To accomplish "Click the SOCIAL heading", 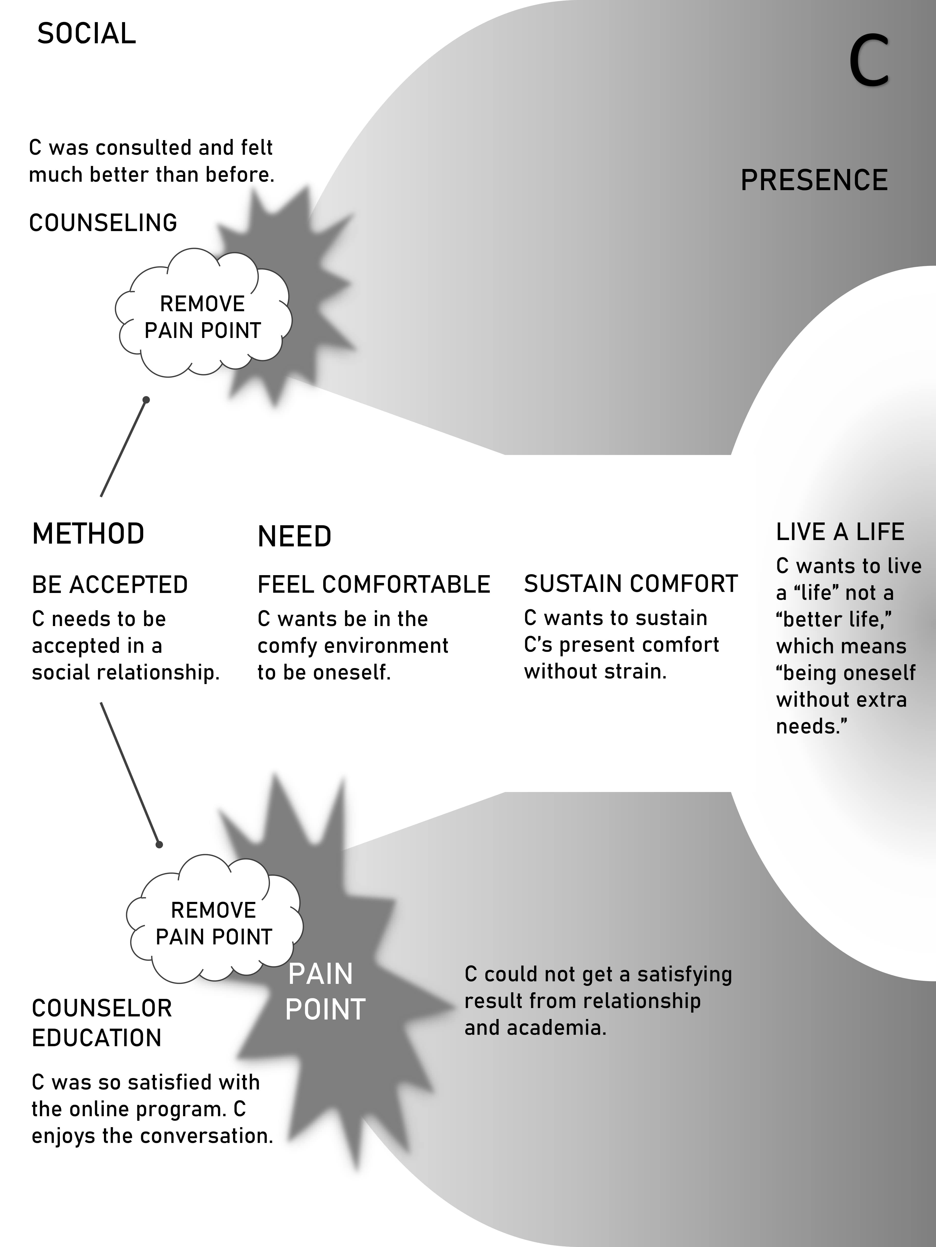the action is (86, 34).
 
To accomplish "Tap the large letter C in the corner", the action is (869, 60).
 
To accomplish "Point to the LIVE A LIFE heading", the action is (840, 532).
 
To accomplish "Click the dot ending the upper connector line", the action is (146, 400).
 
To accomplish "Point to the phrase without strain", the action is (595, 671).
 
